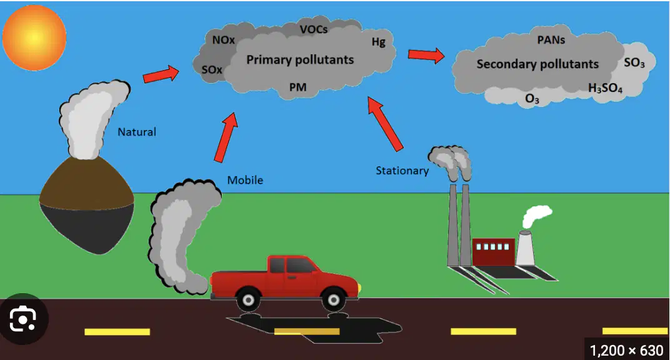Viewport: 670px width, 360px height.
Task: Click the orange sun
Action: pos(34,37)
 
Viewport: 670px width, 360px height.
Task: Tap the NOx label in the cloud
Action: pos(224,40)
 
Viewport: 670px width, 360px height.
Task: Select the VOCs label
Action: pos(314,29)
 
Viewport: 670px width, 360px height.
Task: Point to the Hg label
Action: pos(379,42)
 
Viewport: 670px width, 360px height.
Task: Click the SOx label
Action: pos(212,69)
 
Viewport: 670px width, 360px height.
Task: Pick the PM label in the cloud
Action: pos(298,87)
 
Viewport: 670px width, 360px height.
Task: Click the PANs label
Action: pos(551,40)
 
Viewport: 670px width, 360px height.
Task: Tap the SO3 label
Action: pos(634,63)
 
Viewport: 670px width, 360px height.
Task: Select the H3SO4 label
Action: pos(606,88)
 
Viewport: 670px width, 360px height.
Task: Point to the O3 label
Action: pos(532,99)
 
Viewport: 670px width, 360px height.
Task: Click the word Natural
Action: pos(137,132)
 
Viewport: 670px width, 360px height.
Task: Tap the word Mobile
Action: pos(245,180)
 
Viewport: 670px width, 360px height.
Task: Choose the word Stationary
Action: pos(402,171)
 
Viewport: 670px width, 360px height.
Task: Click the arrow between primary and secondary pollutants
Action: pos(426,55)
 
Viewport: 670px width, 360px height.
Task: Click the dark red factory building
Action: pos(494,252)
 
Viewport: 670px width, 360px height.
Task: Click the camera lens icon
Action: pos(23,319)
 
